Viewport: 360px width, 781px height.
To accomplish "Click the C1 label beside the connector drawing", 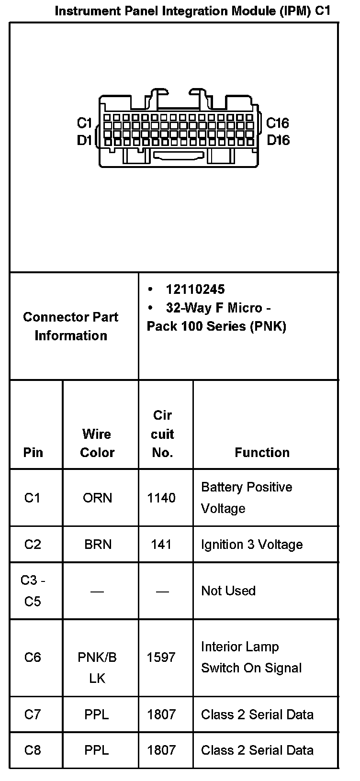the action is [x=84, y=123].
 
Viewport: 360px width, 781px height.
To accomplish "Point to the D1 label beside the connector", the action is [x=84, y=140].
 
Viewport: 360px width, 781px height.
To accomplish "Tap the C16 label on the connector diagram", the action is [x=277, y=123].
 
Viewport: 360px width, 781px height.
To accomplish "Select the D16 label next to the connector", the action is [x=278, y=140].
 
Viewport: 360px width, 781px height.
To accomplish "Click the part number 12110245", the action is [x=195, y=289].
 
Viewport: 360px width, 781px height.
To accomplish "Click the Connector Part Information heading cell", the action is [x=71, y=326].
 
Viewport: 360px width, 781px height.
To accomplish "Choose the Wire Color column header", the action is [x=97, y=443].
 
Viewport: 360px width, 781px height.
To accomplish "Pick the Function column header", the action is [x=262, y=452].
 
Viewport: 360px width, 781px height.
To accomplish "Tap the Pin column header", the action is [x=33, y=452].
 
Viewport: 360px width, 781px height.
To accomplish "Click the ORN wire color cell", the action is [x=97, y=498].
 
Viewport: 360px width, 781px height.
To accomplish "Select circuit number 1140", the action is [x=161, y=498].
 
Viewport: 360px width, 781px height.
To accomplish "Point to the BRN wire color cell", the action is [x=98, y=544].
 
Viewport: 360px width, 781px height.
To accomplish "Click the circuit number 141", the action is [x=161, y=544].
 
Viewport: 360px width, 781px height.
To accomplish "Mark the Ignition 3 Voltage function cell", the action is [x=252, y=544].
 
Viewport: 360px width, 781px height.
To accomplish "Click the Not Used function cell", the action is [x=228, y=591].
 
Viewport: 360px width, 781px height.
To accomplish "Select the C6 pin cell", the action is [x=33, y=657].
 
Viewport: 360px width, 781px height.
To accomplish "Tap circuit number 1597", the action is [x=161, y=657].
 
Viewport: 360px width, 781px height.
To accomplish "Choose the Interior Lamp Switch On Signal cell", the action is [x=251, y=657].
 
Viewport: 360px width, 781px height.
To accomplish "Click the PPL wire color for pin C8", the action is [x=97, y=750].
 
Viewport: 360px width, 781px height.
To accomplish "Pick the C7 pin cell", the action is [x=33, y=714].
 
